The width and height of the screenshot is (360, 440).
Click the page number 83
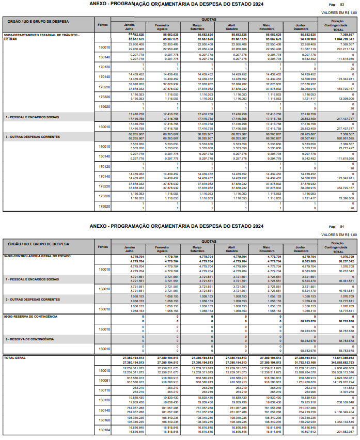(342, 4)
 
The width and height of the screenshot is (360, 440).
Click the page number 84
(342, 226)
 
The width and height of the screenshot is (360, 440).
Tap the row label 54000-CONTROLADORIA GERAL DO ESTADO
(37, 256)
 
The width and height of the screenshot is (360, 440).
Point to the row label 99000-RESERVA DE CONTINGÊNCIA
(30, 316)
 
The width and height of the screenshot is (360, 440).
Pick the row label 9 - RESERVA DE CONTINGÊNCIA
(30, 339)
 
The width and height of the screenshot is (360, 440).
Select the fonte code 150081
(104, 381)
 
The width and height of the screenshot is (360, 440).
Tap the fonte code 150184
(104, 430)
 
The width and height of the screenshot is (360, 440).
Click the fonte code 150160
(104, 420)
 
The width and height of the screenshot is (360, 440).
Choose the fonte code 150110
(104, 390)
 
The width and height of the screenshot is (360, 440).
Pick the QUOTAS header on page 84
(208, 241)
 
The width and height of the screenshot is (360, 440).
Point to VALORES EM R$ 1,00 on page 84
(339, 235)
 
